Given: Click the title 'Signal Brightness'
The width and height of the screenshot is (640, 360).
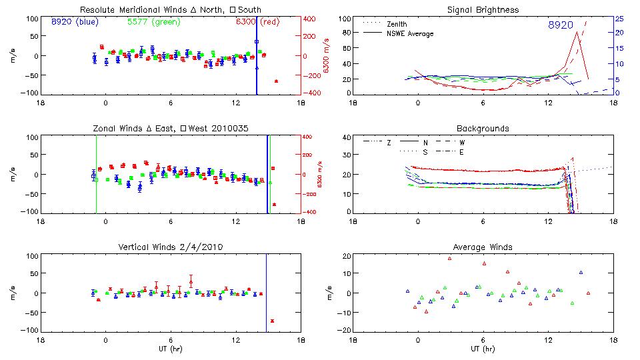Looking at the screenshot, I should [x=482, y=10].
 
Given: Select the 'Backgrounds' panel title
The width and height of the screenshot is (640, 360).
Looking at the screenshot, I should [x=482, y=128].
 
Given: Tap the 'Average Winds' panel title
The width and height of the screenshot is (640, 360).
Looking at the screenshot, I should [x=482, y=247].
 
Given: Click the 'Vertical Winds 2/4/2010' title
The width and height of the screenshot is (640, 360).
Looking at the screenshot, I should [x=171, y=247].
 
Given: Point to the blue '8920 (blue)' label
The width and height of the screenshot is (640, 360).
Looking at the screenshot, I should [x=75, y=22].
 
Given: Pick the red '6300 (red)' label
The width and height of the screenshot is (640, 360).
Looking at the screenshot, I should [x=257, y=22].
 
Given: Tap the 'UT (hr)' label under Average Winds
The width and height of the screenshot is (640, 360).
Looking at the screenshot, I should [x=482, y=349].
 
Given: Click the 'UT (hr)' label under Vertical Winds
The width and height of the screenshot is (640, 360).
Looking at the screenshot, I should [x=171, y=349].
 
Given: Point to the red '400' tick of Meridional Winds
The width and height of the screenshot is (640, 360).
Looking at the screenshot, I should [x=312, y=19].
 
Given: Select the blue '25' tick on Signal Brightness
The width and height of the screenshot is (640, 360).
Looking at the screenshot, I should [x=619, y=19].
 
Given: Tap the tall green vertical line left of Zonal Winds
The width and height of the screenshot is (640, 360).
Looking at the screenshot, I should [x=96, y=173].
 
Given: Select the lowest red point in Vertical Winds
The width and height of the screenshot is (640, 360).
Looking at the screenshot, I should [x=273, y=321].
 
